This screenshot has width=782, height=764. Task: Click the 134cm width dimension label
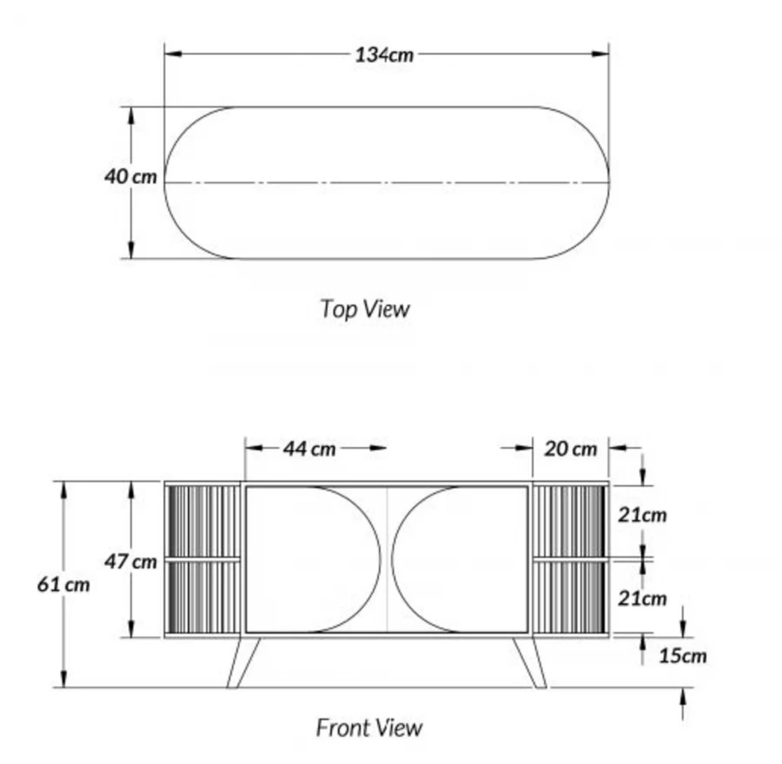click(x=385, y=55)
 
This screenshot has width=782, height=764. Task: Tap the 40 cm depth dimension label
click(x=130, y=176)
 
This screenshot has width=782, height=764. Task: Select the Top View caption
click(x=364, y=309)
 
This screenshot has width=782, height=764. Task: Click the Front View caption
click(x=368, y=727)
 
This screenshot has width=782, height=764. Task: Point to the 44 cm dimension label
click(x=308, y=448)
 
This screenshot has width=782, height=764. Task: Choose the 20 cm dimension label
click(x=570, y=448)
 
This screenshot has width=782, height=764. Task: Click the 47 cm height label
click(x=131, y=561)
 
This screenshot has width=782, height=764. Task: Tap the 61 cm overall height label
click(x=63, y=584)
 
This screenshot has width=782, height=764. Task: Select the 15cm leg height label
click(x=681, y=654)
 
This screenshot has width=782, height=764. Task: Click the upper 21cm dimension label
click(x=642, y=515)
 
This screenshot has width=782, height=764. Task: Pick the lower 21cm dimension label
click(x=642, y=598)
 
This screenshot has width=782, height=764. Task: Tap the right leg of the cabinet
click(x=530, y=662)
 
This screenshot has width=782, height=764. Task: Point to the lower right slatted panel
click(x=570, y=598)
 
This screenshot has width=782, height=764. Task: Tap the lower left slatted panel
click(x=202, y=598)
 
